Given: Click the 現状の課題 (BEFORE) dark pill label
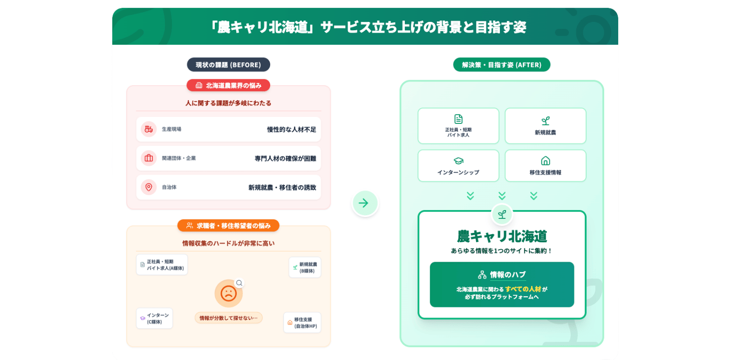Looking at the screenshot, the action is pos(228,65).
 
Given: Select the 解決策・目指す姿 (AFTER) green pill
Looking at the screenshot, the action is pos(501,65).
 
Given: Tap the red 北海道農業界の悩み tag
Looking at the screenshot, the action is pos(228,85).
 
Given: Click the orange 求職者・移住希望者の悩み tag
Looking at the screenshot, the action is pos(228,225).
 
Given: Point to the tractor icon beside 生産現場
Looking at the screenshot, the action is pos(149,129).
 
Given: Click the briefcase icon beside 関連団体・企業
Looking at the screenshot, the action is pos(149,158).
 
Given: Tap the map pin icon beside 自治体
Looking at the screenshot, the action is pos(149,187).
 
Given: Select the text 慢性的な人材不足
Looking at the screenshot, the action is pos(291,129).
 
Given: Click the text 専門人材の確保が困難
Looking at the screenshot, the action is pos(285,158).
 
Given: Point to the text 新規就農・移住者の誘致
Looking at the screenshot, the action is pos(282,187).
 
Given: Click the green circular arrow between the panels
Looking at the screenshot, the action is pos(365,203).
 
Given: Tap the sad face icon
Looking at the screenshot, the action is pos(228,293).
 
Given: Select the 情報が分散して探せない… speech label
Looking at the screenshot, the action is pos(228,318).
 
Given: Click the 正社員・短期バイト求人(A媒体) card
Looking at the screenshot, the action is pos(162,265).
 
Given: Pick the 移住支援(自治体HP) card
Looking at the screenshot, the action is pos(302,323).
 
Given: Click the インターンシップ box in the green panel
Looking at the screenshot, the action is pos(458,166).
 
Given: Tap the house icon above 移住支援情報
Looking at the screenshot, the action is pos(545,161).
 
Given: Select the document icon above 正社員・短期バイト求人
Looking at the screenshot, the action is pos(458,119).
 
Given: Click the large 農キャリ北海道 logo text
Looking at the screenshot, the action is pos(502,237).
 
